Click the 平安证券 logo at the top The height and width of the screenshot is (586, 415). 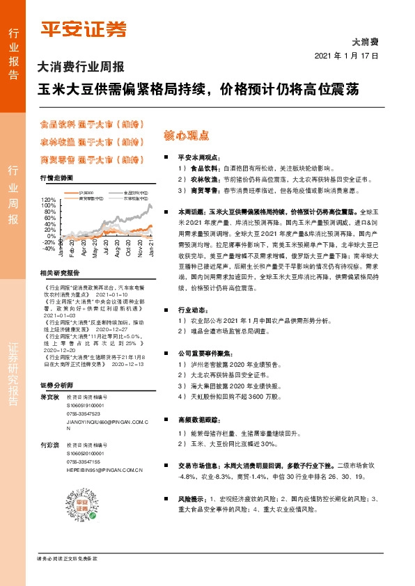click(x=84, y=29)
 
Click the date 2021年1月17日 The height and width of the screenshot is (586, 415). click(x=346, y=56)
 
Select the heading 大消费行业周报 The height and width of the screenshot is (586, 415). click(x=80, y=68)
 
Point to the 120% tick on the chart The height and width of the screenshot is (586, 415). click(x=47, y=200)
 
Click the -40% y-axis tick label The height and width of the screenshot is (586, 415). click(x=47, y=248)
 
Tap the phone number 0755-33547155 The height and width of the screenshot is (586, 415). click(x=84, y=461)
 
